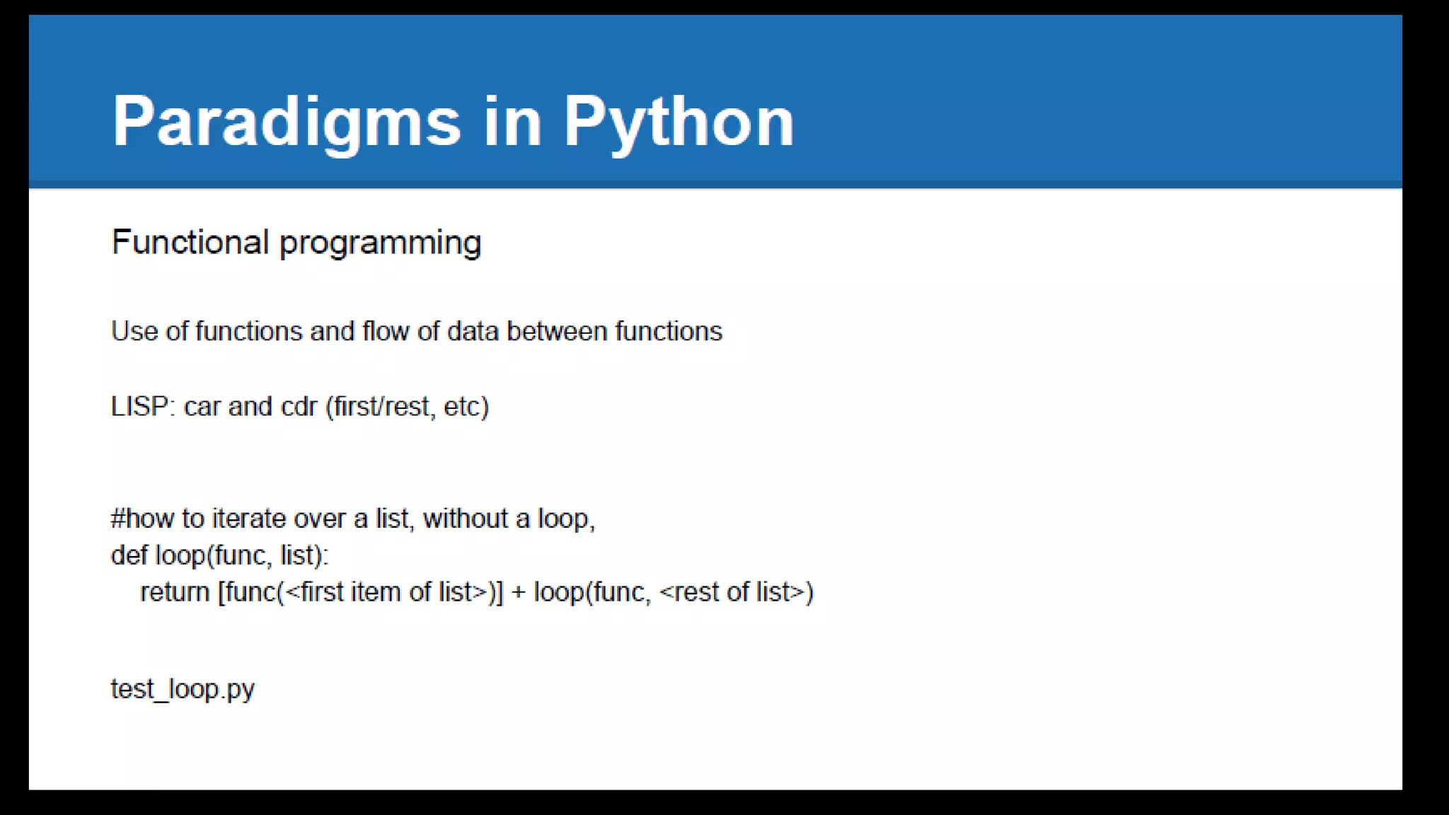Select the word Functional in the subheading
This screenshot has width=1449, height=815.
(x=190, y=243)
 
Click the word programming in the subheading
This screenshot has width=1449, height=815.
(x=381, y=243)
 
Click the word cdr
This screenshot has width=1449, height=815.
(x=299, y=407)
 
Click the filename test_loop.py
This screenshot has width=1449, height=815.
(x=183, y=688)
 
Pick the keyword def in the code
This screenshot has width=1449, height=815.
(x=129, y=555)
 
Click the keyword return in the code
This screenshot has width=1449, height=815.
(x=175, y=592)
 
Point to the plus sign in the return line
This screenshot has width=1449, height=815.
(x=518, y=592)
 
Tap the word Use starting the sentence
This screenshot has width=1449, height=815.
(x=134, y=331)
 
